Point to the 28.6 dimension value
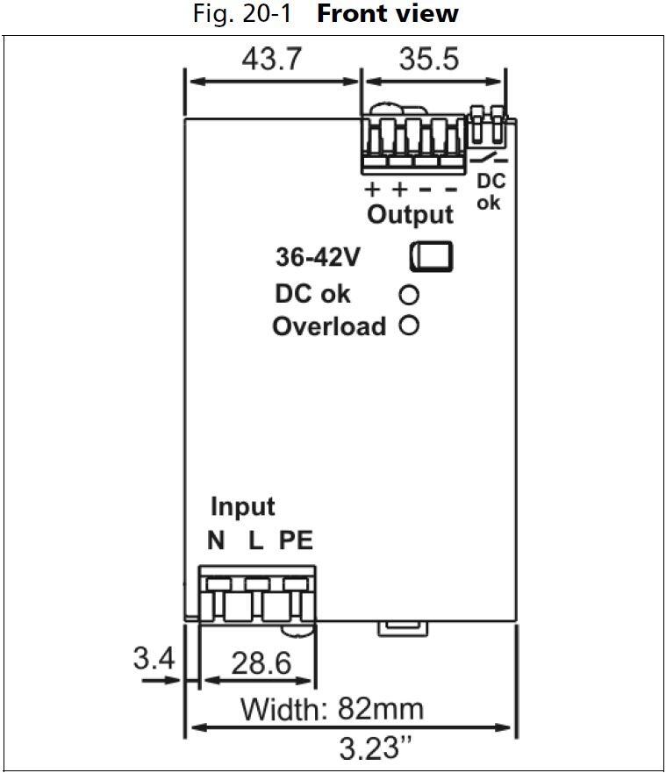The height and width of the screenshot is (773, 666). point(261,663)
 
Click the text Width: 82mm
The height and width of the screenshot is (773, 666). point(332,708)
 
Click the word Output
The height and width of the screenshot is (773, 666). point(410,214)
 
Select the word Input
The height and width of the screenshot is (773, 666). point(242,506)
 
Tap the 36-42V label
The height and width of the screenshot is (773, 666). point(317,259)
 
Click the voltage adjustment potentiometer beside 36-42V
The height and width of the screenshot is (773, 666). point(431,255)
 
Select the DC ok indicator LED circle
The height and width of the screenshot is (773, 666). point(409,294)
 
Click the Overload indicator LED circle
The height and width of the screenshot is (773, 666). point(409,326)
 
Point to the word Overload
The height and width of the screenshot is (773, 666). point(329,326)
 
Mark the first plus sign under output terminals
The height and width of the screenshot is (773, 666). point(372,188)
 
